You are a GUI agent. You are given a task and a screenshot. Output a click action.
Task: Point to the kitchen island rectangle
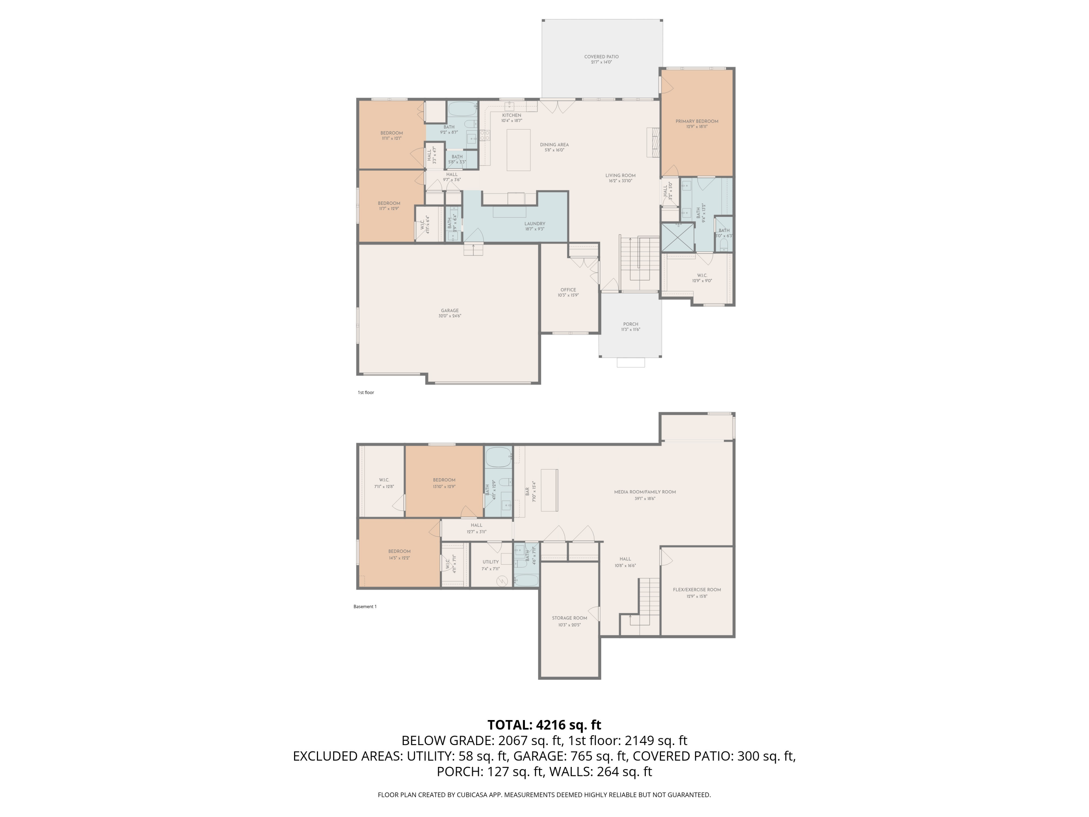pyautogui.click(x=518, y=150)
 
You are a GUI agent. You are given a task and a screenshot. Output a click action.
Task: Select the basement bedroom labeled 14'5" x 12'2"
pyautogui.click(x=399, y=554)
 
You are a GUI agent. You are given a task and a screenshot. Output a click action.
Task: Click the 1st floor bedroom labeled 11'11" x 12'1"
pyautogui.click(x=391, y=135)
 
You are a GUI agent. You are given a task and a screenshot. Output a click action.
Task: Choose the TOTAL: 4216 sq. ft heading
pyautogui.click(x=544, y=725)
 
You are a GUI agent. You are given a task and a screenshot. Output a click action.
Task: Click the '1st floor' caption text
pyautogui.click(x=366, y=393)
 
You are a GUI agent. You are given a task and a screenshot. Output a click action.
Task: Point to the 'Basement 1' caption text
pyautogui.click(x=365, y=607)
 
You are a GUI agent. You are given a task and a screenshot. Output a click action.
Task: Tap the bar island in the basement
pyautogui.click(x=550, y=490)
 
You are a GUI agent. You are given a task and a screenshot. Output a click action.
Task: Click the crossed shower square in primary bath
pyautogui.click(x=677, y=237)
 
